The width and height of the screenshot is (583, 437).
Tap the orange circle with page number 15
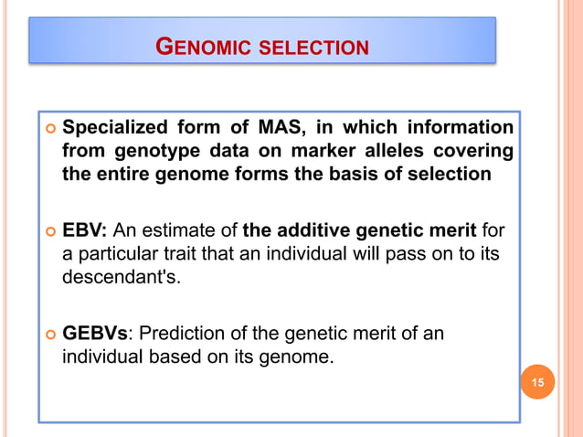(x=537, y=381)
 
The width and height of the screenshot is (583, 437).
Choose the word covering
(x=472, y=150)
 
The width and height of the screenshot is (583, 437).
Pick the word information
(x=458, y=126)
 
